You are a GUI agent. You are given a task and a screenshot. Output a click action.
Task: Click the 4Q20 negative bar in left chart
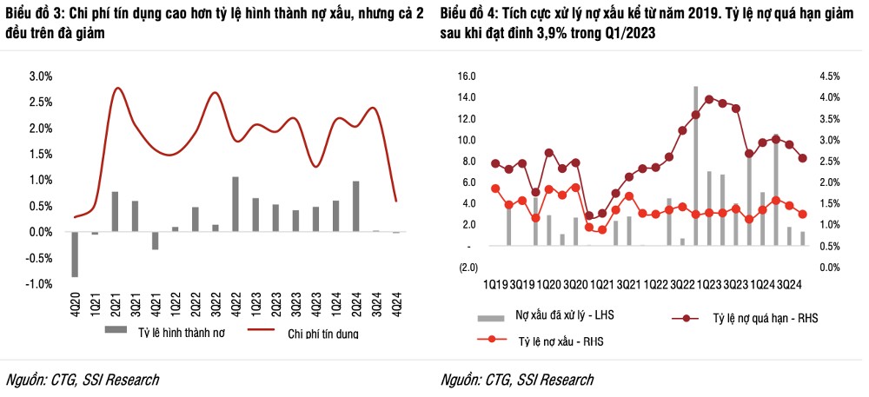click(x=75, y=254)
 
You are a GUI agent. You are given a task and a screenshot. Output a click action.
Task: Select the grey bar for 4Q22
click(x=235, y=204)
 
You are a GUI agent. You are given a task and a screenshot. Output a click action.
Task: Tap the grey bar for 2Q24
click(x=355, y=206)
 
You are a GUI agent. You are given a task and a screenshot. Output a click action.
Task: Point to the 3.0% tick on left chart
click(x=40, y=76)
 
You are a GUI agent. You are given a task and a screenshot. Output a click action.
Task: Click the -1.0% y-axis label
click(x=38, y=284)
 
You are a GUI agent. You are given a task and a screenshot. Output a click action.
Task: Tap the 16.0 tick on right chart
click(x=467, y=76)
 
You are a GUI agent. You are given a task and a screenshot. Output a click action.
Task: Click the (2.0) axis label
click(x=468, y=268)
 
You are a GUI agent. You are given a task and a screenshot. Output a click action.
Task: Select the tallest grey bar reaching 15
click(x=696, y=165)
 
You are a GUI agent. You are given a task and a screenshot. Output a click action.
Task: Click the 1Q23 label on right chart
click(x=710, y=284)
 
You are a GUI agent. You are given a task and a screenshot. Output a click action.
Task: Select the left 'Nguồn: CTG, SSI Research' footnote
click(x=83, y=380)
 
